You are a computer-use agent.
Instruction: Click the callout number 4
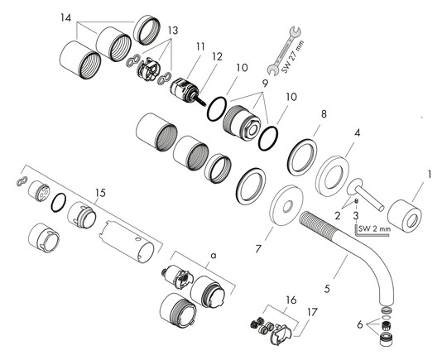pyautogui.click(x=357, y=132)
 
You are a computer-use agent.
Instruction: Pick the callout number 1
pyautogui.click(x=429, y=175)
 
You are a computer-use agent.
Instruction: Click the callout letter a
pyautogui.click(x=212, y=257)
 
